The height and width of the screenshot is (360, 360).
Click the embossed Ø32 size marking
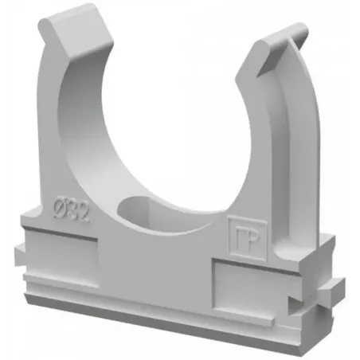click(x=71, y=209)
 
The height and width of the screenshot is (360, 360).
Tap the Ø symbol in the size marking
click(x=60, y=206)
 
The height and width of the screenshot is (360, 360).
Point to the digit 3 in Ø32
click(x=72, y=209)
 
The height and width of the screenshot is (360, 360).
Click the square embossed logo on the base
click(x=248, y=237)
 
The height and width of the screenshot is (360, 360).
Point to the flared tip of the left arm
click(x=76, y=30)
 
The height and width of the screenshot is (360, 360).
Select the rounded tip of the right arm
click(x=281, y=40)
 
